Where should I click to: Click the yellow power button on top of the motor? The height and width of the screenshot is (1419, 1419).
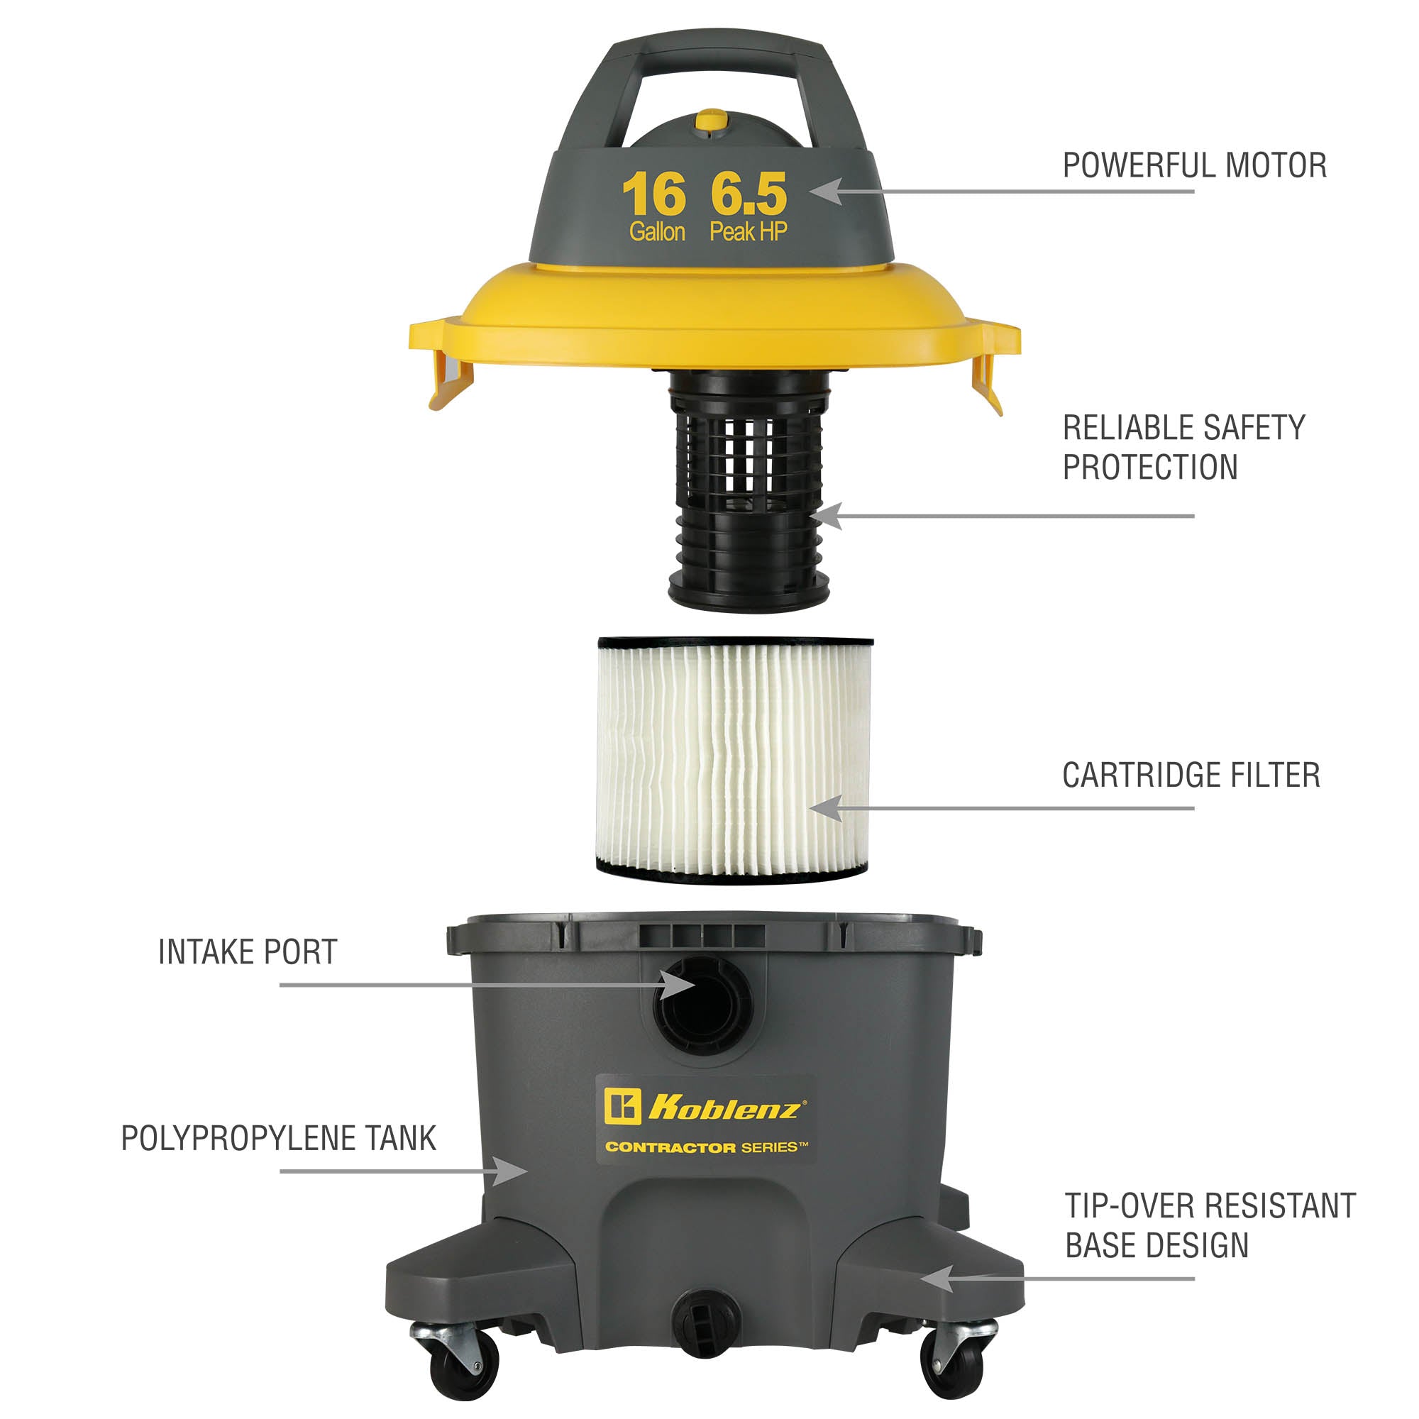710,121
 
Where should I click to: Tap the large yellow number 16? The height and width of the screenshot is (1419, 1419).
653,194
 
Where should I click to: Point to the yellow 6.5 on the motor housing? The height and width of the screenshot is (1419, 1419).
748,194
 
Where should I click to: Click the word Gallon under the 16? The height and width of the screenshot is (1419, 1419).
656,232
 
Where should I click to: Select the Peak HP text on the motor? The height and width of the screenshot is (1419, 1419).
748,232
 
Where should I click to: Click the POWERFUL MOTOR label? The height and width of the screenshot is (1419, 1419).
1194,165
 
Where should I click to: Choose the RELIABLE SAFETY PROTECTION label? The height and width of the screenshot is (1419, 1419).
1183,447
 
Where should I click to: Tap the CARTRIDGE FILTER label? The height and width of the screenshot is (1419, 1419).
1191,775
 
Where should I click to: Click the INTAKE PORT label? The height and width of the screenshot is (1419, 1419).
248,952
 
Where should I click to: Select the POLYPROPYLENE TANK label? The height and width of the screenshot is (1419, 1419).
278,1139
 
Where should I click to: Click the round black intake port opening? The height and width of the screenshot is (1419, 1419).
703,1002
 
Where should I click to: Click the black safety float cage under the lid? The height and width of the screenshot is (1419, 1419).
748,491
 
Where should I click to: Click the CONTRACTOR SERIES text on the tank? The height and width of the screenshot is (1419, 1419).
707,1147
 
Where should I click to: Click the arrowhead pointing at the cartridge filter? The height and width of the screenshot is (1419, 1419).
826,809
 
